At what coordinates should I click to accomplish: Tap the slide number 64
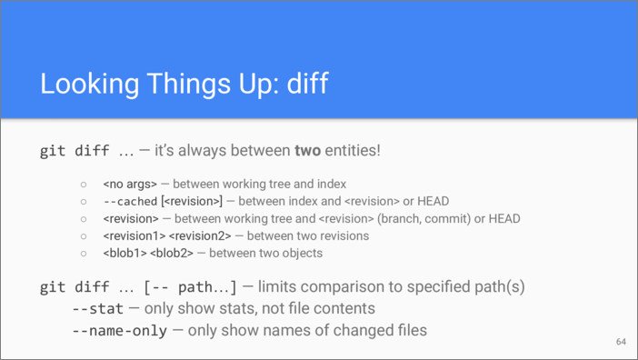click(x=621, y=342)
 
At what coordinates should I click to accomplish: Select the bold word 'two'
click(x=307, y=150)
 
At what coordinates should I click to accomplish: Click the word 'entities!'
click(x=352, y=150)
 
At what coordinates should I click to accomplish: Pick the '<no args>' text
click(x=130, y=184)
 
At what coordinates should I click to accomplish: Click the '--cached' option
click(x=130, y=201)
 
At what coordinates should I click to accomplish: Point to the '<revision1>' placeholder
click(x=135, y=235)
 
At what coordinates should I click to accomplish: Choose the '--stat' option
click(x=97, y=309)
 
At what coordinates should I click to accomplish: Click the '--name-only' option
click(x=120, y=331)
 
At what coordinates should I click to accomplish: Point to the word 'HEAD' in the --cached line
click(x=432, y=201)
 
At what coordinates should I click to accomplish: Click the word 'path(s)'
click(x=498, y=287)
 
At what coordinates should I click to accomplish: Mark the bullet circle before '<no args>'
click(x=84, y=184)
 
